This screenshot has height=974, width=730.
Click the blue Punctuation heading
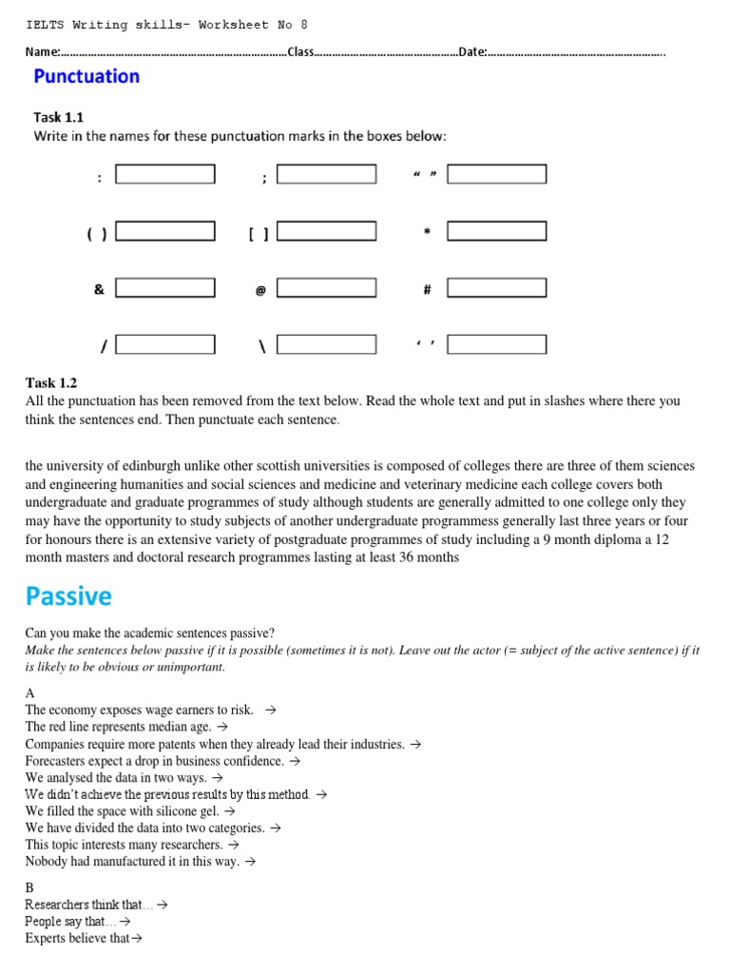(86, 76)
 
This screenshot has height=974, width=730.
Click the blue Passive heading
(68, 596)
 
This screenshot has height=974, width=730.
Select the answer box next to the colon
(165, 174)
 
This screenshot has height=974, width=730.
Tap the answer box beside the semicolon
(326, 174)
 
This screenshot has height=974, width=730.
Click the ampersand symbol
(99, 289)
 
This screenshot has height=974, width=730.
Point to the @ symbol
(260, 290)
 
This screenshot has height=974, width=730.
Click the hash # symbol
(428, 289)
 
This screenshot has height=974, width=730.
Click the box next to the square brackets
(326, 231)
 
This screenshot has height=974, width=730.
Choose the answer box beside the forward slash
(165, 344)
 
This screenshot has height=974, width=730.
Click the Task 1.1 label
(59, 117)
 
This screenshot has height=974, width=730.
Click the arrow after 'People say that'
(125, 922)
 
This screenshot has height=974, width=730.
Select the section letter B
(29, 887)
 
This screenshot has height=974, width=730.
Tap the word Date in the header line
(471, 51)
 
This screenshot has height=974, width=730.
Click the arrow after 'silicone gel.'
(228, 811)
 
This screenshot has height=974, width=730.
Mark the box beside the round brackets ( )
(165, 231)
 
